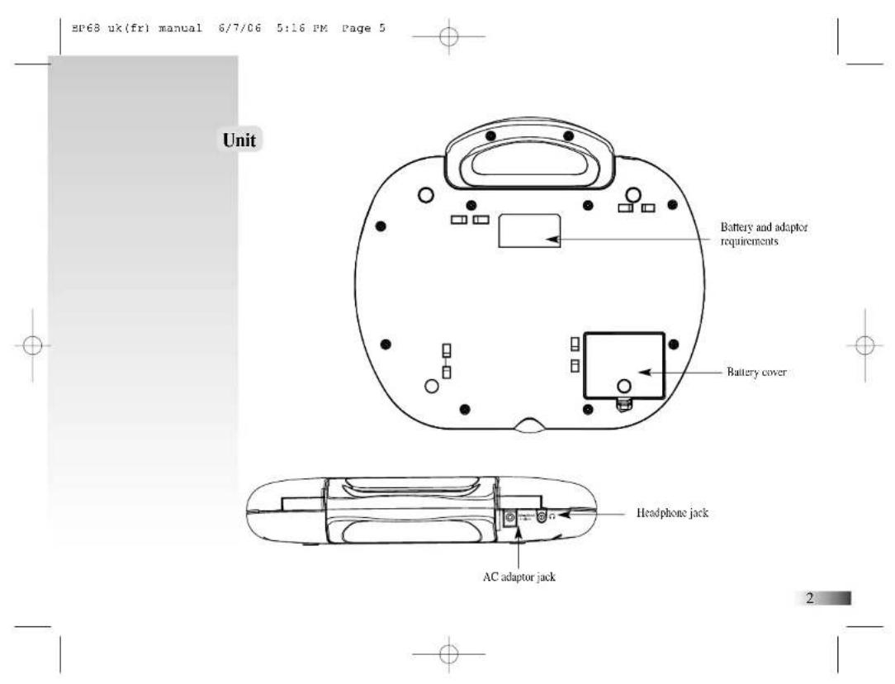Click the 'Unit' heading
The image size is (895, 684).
[x=239, y=140]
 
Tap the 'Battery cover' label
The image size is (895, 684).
[x=756, y=373]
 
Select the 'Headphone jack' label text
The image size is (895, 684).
[x=672, y=513]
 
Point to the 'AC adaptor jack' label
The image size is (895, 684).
[x=519, y=577]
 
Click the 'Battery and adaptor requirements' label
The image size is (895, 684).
[x=764, y=234]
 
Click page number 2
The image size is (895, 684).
[x=809, y=598]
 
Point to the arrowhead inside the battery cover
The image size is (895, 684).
[x=645, y=373]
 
